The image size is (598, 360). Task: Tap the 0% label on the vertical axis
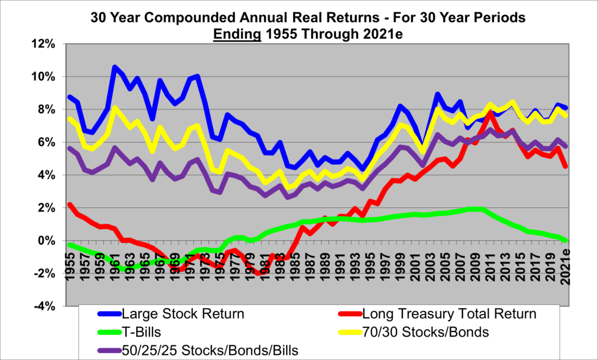[x=49, y=241]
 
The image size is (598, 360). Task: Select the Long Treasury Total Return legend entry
[x=449, y=314]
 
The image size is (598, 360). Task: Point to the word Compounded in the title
[x=189, y=17]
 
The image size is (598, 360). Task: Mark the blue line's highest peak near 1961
[x=114, y=67]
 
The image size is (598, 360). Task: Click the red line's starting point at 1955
[x=70, y=205]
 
